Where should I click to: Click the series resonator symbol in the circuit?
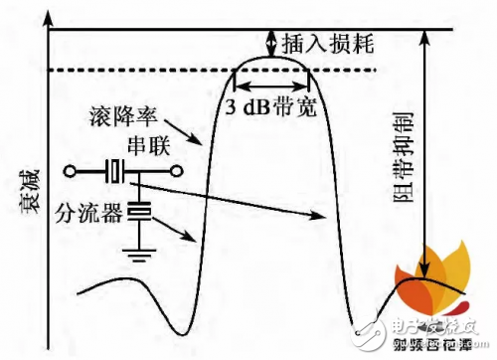tap(118, 172)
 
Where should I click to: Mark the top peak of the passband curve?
tap(270, 59)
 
